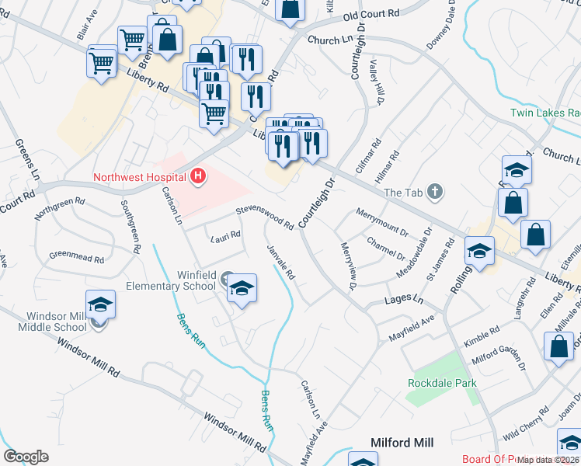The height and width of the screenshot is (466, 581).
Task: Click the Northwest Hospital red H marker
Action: pyautogui.click(x=199, y=176)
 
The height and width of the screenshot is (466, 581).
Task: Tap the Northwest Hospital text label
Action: pyautogui.click(x=138, y=176)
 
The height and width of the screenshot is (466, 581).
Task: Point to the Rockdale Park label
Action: pyautogui.click(x=442, y=383)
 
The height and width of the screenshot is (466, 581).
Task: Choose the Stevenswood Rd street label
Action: pyautogui.click(x=265, y=217)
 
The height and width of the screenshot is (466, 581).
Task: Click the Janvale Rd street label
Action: pyautogui.click(x=281, y=263)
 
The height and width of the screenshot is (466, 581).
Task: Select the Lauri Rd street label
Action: pyautogui.click(x=226, y=236)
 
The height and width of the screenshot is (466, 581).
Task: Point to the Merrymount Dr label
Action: pyautogui.click(x=381, y=221)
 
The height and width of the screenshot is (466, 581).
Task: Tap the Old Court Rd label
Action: pyautogui.click(x=371, y=15)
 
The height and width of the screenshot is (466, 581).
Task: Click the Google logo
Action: pyautogui.click(x=26, y=457)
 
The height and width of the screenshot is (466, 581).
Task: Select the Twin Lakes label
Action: pyautogui.click(x=544, y=113)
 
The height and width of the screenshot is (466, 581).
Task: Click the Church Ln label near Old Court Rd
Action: pyautogui.click(x=329, y=40)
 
